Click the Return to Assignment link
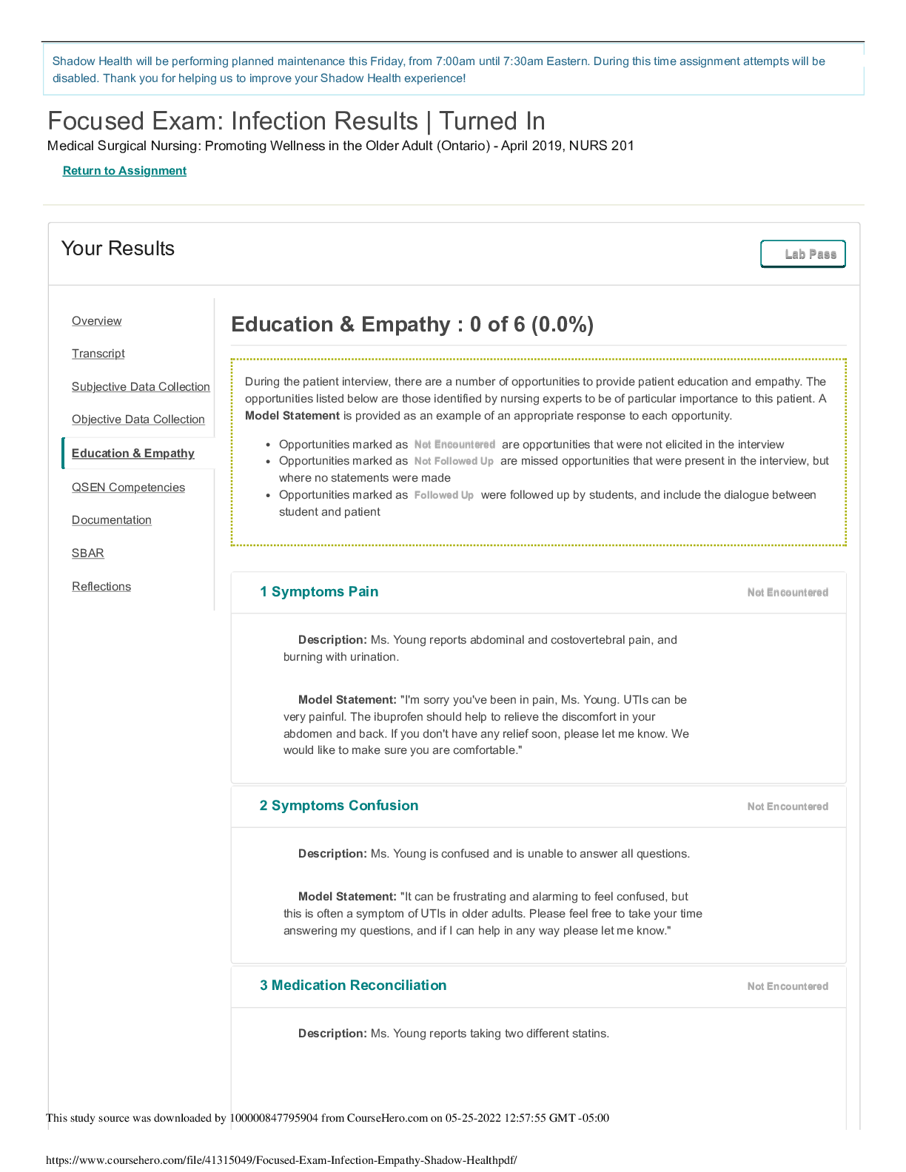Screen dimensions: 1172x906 (x=124, y=171)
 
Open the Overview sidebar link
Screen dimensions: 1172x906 (x=96, y=321)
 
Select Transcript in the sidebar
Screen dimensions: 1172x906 (x=98, y=354)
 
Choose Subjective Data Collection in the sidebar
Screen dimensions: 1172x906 (x=141, y=387)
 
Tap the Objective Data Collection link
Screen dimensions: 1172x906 (x=138, y=420)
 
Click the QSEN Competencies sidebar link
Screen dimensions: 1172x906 (x=128, y=488)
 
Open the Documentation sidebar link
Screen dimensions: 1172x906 (x=112, y=520)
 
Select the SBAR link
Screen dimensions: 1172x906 (x=88, y=553)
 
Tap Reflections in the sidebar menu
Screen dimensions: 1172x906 (x=101, y=587)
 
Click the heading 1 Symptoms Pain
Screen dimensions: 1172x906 (x=319, y=592)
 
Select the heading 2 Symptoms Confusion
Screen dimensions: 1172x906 (x=339, y=806)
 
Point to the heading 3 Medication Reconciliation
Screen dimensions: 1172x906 (x=353, y=986)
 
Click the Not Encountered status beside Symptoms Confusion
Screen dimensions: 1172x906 (x=788, y=806)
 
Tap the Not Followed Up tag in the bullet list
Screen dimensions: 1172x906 (x=454, y=462)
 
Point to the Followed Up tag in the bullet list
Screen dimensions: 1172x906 (x=444, y=496)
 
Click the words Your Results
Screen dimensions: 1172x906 (x=118, y=249)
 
